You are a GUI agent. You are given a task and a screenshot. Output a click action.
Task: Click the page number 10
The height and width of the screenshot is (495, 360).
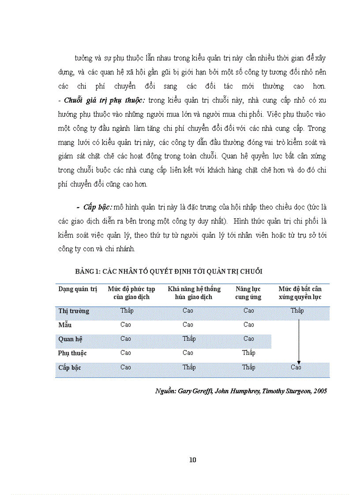point(192,460)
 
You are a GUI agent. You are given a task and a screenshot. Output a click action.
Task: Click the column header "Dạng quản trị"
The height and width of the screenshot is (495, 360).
point(78,289)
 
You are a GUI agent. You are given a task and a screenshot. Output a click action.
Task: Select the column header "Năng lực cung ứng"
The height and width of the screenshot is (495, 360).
point(248,293)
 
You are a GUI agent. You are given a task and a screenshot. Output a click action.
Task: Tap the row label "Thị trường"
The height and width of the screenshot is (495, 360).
point(74,311)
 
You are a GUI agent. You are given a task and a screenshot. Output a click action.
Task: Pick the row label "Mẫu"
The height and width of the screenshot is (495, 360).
point(65,325)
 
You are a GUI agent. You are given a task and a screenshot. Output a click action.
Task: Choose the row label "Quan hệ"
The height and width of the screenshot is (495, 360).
point(71,339)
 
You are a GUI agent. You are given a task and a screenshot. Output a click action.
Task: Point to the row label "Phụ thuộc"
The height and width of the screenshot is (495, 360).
point(72,353)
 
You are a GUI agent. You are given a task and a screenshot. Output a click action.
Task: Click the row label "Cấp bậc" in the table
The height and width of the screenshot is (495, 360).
point(70,367)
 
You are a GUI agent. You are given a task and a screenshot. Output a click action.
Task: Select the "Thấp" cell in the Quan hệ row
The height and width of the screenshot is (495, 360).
point(189,339)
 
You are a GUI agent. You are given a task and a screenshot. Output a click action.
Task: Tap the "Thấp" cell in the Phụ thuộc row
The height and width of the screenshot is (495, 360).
point(248,353)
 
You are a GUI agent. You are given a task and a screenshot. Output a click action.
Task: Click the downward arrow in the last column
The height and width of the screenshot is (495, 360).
point(299,339)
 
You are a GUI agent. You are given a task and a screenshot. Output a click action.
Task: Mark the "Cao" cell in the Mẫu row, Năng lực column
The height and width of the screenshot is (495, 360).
point(248,325)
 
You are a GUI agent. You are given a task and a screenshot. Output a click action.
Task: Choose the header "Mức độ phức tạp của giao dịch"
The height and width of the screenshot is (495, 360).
point(131,293)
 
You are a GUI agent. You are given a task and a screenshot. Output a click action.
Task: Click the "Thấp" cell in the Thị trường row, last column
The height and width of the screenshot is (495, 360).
point(297,311)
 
